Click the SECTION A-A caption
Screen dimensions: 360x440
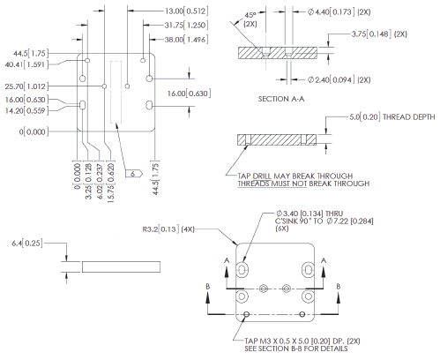(280, 99)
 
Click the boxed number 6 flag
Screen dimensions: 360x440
(132, 175)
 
